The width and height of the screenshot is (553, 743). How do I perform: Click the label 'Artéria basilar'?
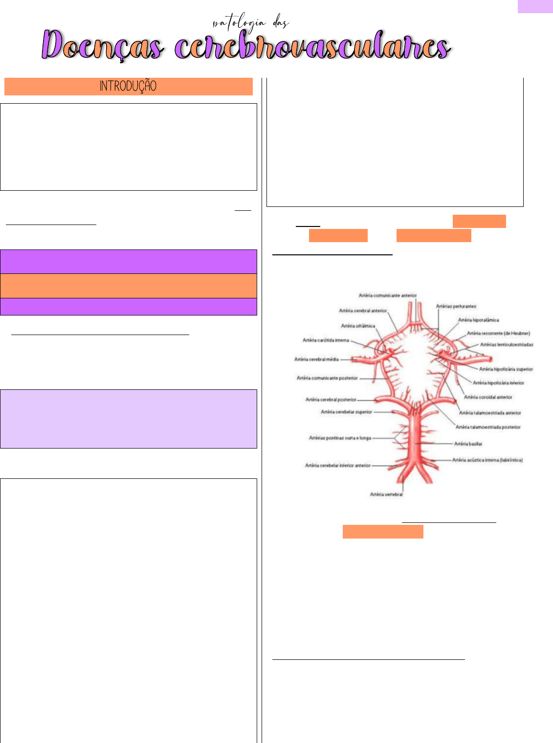click(468, 444)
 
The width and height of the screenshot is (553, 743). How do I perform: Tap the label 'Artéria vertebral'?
click(386, 495)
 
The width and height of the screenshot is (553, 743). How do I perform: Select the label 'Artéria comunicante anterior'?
click(387, 295)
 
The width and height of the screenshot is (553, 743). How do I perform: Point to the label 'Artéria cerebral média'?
click(316, 359)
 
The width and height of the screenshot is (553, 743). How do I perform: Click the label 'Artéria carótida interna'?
click(326, 340)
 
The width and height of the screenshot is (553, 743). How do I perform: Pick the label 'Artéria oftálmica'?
click(358, 326)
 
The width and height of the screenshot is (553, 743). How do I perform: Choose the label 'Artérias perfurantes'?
click(456, 306)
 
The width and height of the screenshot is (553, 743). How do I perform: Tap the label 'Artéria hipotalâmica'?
click(478, 320)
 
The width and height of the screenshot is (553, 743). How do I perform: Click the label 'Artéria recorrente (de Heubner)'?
click(498, 333)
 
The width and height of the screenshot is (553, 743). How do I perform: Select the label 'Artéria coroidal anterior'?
click(488, 397)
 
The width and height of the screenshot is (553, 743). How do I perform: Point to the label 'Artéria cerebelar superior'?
click(346, 412)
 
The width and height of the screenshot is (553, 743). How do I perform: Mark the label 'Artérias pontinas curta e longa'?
click(340, 438)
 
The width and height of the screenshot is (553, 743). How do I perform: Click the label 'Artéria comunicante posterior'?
click(327, 378)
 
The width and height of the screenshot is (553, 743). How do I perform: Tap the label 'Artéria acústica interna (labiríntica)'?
click(487, 460)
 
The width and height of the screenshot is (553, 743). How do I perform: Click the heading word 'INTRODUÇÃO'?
click(128, 86)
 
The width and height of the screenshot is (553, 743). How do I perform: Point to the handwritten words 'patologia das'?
click(251, 23)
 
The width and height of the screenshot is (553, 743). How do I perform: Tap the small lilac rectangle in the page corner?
click(535, 6)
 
